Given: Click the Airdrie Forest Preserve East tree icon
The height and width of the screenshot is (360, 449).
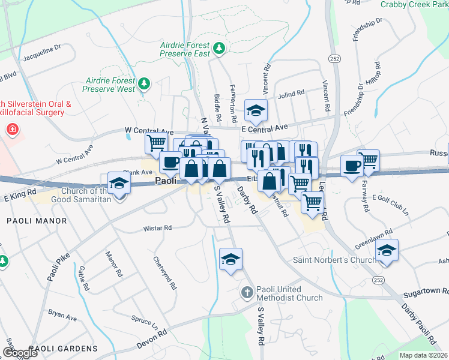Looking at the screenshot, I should [x=219, y=47].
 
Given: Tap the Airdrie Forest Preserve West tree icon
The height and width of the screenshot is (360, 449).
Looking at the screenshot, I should [x=143, y=83].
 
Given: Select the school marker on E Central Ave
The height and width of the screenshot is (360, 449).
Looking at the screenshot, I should [x=256, y=110].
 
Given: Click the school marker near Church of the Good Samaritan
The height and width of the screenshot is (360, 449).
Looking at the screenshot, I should [x=119, y=184].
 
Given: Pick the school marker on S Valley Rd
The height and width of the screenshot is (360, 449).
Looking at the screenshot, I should [x=231, y=259].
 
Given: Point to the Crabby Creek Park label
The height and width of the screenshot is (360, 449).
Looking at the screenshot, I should [x=414, y=4].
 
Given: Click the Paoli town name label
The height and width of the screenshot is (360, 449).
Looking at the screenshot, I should [x=165, y=181].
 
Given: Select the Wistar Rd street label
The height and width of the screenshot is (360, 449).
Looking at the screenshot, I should [x=157, y=228].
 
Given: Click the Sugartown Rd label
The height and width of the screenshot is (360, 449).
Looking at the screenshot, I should [x=426, y=289].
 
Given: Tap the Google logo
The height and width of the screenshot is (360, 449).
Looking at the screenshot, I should [x=20, y=353].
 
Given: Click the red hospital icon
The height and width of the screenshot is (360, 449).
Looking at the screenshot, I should [x=11, y=129].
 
